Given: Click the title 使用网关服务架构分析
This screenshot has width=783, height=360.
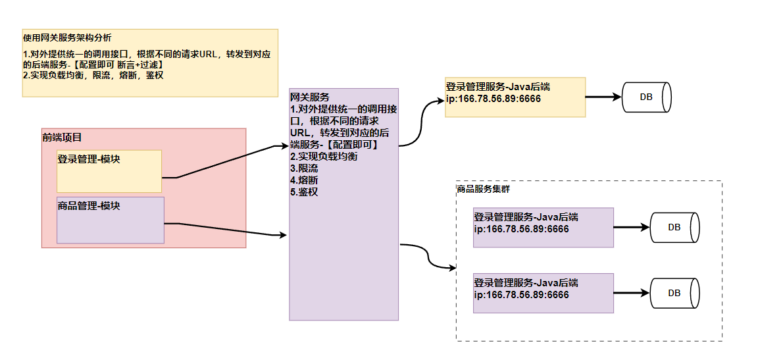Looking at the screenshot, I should [67, 38].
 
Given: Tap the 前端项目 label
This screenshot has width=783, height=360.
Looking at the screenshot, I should [62, 138].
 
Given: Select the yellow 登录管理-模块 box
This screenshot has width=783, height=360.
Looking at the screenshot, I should [109, 171].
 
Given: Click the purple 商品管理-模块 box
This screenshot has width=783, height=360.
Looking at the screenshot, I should [110, 220].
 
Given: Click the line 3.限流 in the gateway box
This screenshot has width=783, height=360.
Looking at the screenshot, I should [304, 168].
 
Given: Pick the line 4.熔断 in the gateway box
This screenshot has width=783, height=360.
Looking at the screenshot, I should [304, 180].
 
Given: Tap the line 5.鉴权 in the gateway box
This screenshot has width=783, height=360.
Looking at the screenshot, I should [304, 192].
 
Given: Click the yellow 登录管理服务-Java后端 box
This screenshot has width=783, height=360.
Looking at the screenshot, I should [515, 97].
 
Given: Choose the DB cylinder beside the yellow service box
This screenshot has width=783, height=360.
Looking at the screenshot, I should [646, 97].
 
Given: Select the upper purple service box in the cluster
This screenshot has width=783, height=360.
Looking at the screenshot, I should [543, 228].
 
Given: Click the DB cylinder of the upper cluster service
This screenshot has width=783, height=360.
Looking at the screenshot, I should [674, 228].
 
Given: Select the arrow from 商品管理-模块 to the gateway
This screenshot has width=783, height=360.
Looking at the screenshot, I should [224, 228].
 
